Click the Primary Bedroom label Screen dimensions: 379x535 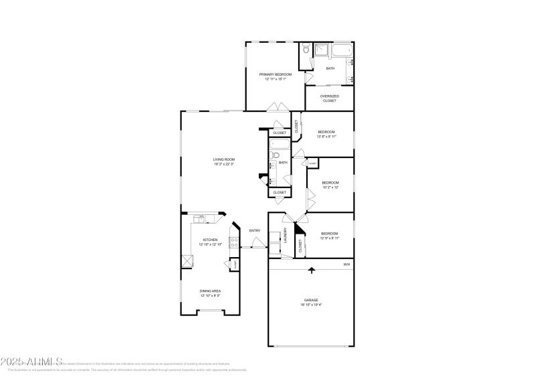point(275,74)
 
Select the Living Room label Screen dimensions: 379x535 point(224,159)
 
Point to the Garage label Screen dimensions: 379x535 point(311,300)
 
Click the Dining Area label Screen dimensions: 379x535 point(210,291)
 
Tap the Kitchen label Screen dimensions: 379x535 point(210,239)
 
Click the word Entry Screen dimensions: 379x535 point(255,231)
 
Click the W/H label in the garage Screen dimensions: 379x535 point(346,264)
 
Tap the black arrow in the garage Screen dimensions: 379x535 point(311,270)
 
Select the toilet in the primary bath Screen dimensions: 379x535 point(305,49)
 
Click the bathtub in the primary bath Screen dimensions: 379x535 point(342,50)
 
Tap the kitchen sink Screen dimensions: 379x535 point(200,218)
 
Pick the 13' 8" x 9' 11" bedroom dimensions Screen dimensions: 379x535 point(326,137)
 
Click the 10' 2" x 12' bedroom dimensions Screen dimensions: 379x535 point(330,187)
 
